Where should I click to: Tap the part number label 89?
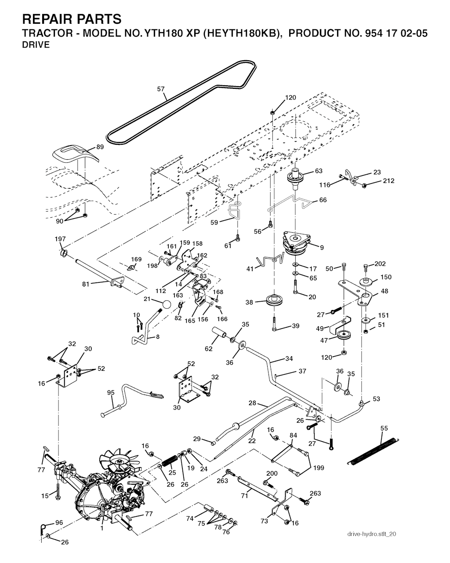[x=100, y=147]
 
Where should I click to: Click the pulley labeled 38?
[x=273, y=301]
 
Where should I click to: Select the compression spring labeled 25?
[x=170, y=462]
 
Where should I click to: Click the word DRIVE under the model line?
[x=36, y=44]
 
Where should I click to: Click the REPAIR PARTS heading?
[x=72, y=19]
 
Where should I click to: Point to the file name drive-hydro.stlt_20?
[x=372, y=534]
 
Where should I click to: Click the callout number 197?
[x=60, y=239]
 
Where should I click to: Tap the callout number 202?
[x=380, y=264]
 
